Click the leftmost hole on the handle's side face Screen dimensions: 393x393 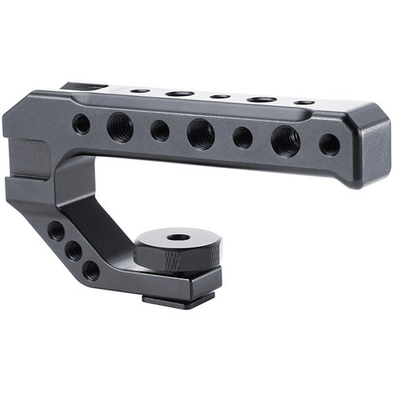[81, 123]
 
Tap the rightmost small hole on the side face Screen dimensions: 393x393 [329, 145]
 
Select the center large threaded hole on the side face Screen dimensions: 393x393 [201, 134]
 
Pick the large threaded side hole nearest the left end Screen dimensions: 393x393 [120, 127]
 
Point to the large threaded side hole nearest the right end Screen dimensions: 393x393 [285, 141]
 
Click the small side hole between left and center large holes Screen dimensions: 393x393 [160, 130]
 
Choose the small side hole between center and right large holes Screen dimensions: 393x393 [243, 138]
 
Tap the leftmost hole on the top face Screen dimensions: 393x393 [140, 90]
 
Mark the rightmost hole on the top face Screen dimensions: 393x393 [304, 102]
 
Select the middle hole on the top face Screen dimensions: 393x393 [220, 96]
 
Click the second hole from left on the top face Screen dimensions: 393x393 [179, 94]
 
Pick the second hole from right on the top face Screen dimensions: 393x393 [262, 99]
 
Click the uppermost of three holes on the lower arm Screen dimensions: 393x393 [56, 231]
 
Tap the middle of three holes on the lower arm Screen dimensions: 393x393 [73, 251]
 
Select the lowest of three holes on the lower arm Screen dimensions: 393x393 [91, 270]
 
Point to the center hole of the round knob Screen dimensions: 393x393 [178, 237]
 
